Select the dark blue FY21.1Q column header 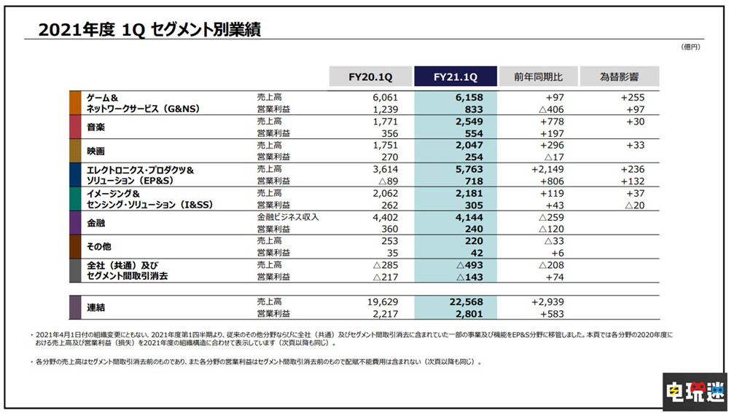[x=455, y=76]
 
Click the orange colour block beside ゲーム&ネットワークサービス [x=74, y=102]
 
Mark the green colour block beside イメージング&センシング [x=74, y=199]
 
